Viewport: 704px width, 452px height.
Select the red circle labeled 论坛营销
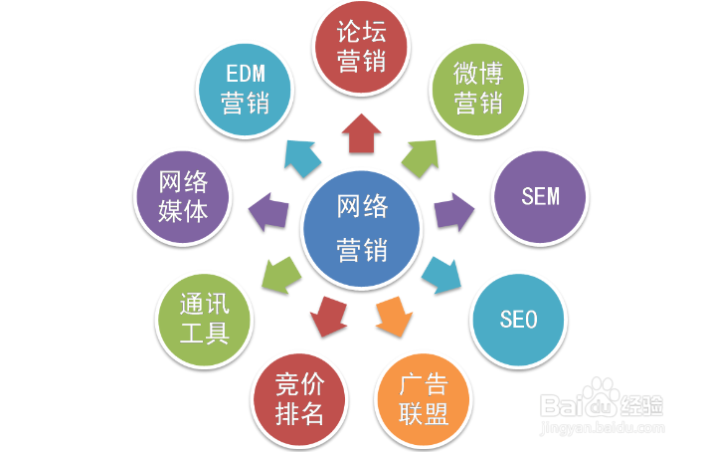[x=361, y=48]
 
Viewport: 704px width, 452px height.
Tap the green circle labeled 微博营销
[x=477, y=88]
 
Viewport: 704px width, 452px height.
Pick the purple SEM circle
[x=540, y=195]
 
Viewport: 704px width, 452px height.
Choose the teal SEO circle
[x=518, y=319]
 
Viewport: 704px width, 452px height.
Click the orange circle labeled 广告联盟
[x=424, y=398]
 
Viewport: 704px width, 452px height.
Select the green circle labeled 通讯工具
[x=205, y=319]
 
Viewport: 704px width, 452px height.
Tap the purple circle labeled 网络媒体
[x=183, y=196]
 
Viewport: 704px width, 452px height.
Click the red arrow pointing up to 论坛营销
[x=361, y=132]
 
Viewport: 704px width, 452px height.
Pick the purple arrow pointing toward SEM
[x=452, y=208]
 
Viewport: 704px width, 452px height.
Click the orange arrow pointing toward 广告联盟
[x=391, y=317]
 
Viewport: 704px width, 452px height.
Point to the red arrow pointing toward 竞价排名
[x=329, y=317]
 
